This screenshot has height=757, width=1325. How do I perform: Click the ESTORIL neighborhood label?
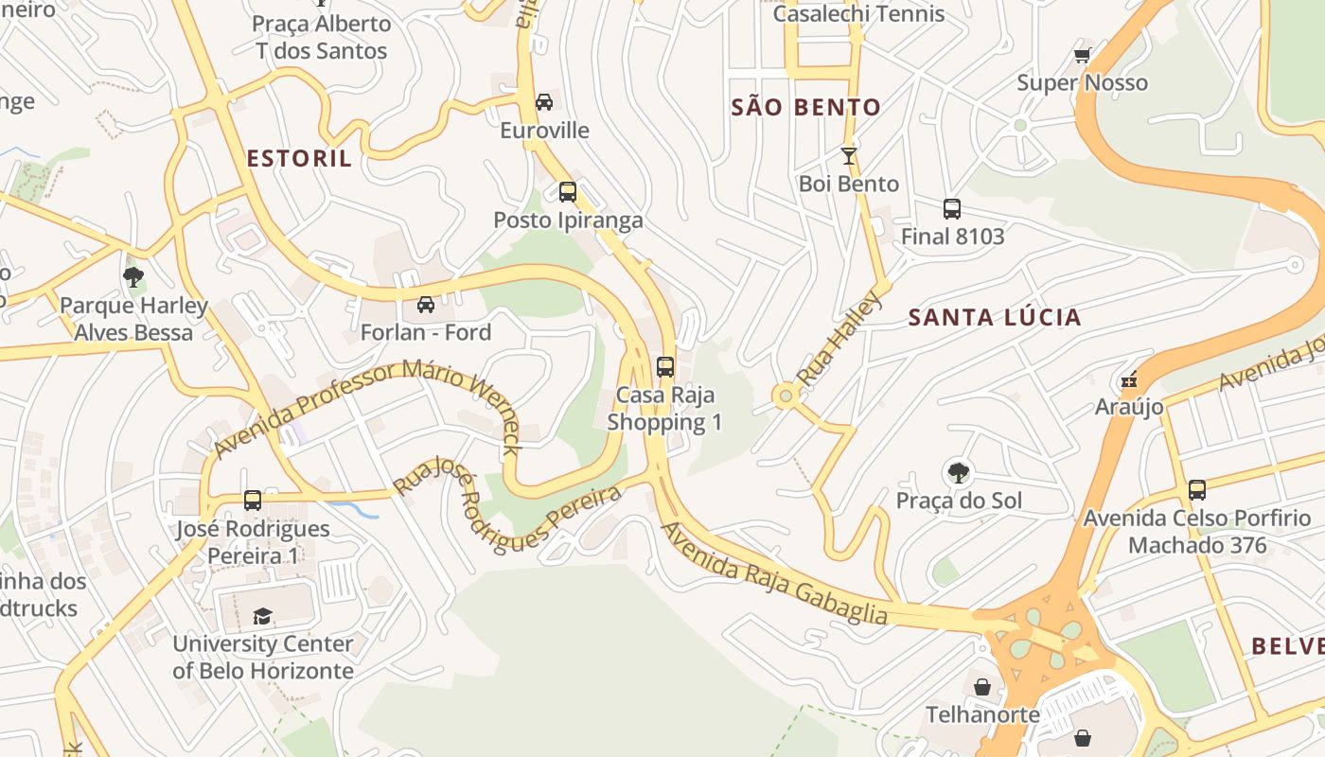(x=299, y=158)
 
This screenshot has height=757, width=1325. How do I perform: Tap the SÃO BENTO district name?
(x=805, y=107)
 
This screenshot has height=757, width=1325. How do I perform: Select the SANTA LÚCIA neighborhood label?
(x=995, y=317)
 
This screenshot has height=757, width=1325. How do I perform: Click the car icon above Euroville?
(x=544, y=102)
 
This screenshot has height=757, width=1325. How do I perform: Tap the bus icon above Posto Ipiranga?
(x=568, y=192)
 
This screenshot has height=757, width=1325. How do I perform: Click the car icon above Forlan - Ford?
(x=426, y=305)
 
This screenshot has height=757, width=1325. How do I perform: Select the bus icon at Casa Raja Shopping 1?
(x=665, y=367)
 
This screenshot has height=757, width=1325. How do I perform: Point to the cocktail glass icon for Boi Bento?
(x=848, y=156)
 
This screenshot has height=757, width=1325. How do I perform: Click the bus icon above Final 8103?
(x=952, y=209)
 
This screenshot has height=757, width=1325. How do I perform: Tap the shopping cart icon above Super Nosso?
(x=1083, y=56)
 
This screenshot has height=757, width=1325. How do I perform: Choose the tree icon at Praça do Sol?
(x=959, y=472)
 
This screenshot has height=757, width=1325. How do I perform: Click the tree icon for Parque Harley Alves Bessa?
(x=133, y=277)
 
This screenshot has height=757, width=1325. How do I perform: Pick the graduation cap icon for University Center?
(x=262, y=616)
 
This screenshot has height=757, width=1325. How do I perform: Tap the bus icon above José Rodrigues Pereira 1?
(x=253, y=501)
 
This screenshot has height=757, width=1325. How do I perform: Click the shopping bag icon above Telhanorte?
(x=982, y=687)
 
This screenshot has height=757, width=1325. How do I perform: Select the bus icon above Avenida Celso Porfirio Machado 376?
(x=1197, y=490)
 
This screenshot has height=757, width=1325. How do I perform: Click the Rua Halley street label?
(x=839, y=339)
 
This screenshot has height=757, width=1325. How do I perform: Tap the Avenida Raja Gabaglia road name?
(x=774, y=573)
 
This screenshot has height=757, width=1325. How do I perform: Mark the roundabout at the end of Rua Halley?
(x=785, y=396)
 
